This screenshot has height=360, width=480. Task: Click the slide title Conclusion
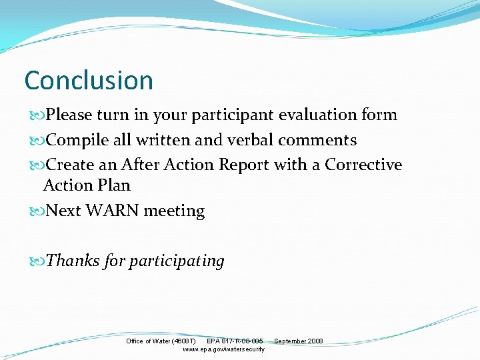pyautogui.click(x=89, y=81)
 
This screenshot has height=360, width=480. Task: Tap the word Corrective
pyautogui.click(x=363, y=165)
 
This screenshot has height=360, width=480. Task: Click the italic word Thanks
pyautogui.click(x=73, y=260)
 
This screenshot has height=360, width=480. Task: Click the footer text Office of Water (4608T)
pyautogui.click(x=161, y=341)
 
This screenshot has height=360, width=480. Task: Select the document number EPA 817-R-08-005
pyautogui.click(x=235, y=341)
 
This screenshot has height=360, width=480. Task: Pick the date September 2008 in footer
pyautogui.click(x=298, y=341)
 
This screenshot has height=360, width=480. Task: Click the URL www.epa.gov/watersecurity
pyautogui.click(x=223, y=349)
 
